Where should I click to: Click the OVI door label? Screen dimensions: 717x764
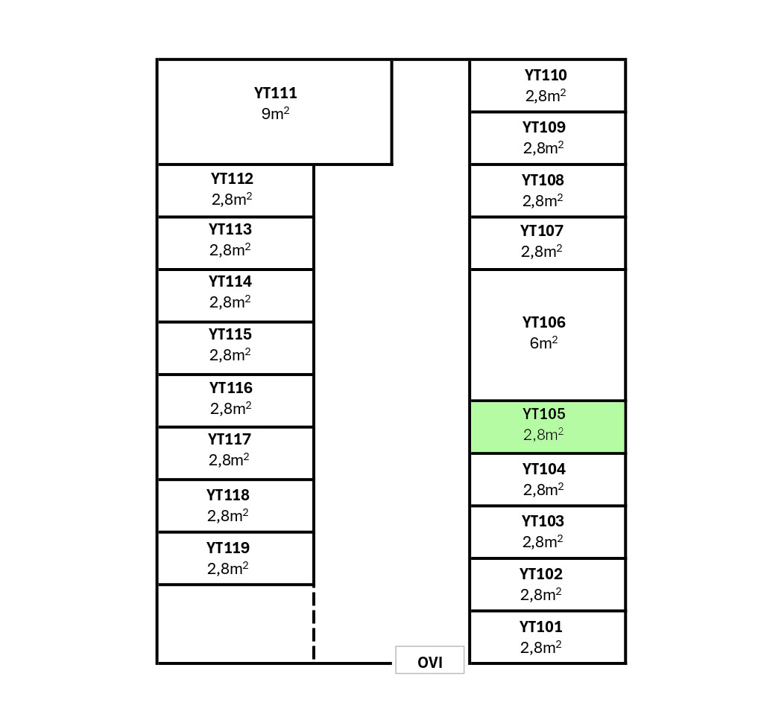pos(430,662)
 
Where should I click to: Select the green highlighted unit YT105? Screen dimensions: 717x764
pos(547,427)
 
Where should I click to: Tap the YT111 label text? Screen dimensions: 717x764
pos(275,94)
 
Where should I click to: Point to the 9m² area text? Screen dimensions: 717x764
pos(275,115)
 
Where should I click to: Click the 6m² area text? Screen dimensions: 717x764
pos(543,343)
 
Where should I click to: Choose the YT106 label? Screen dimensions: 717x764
pos(543,322)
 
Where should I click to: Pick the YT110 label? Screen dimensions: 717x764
pos(545,75)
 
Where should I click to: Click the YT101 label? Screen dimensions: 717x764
pos(541,627)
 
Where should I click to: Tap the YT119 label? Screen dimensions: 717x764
pos(228,548)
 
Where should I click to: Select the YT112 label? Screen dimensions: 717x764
pos(232,179)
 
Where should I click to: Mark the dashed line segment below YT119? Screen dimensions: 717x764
pos(314,623)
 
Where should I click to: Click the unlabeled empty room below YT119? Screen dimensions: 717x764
pos(235,623)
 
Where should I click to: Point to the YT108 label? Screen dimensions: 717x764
pos(543,180)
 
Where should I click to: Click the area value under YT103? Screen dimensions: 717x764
pos(543,542)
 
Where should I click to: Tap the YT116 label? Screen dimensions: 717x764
pos(231,388)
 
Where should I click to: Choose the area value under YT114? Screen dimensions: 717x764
pos(230,302)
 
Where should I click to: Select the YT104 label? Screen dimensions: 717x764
pos(543,469)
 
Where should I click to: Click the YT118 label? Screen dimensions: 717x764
pos(228,495)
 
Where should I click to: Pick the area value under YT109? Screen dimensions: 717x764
pos(543,148)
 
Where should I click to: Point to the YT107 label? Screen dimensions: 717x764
pos(542,231)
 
